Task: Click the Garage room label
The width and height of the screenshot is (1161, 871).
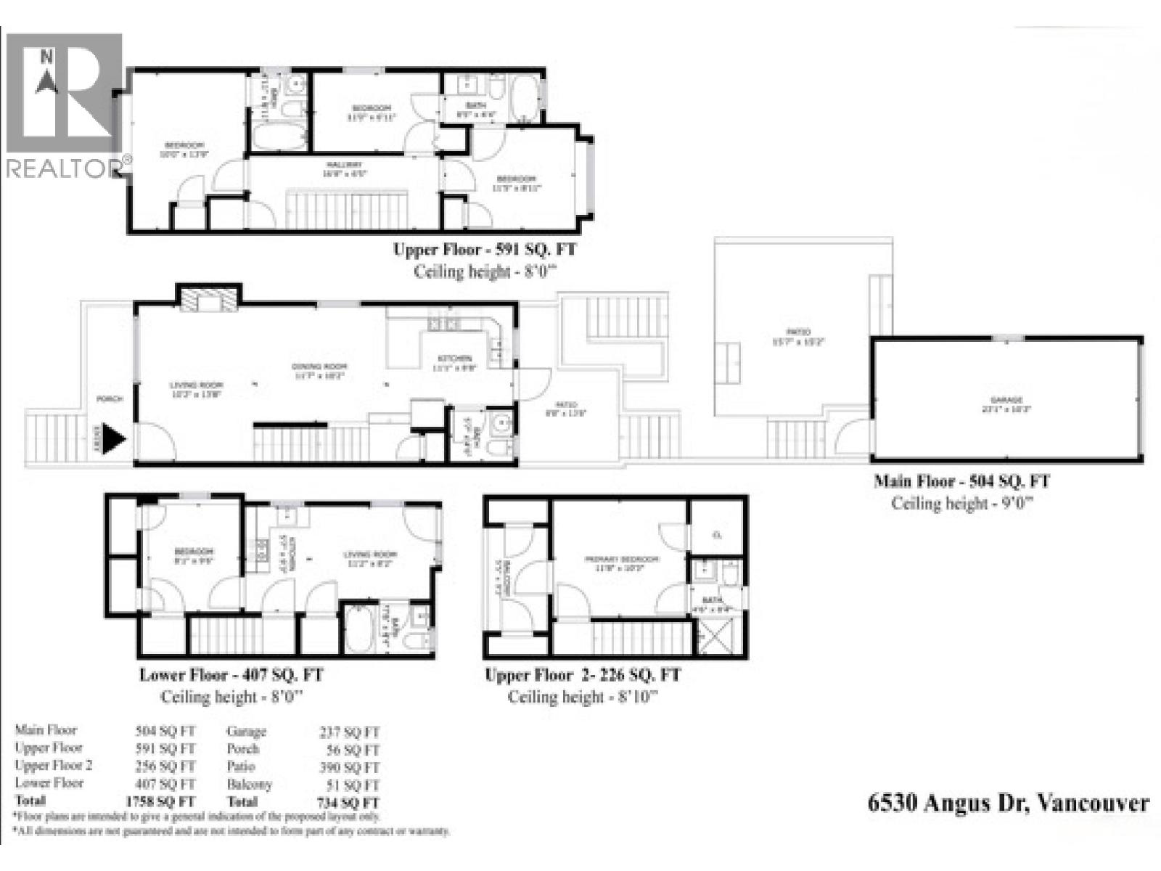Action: (x=1006, y=400)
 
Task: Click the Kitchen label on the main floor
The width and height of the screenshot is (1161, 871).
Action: (x=455, y=359)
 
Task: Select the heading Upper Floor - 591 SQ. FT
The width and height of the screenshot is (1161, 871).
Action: (x=485, y=250)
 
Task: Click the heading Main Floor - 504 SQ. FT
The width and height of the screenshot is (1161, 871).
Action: (x=961, y=481)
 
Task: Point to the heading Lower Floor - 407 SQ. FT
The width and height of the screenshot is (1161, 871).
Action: (x=231, y=675)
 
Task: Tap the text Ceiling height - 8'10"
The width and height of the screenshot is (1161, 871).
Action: (x=583, y=698)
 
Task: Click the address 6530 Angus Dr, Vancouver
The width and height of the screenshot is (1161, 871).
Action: (x=1009, y=803)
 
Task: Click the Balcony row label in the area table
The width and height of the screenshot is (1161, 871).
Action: (x=249, y=785)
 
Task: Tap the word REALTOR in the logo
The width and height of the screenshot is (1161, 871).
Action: (x=62, y=168)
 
